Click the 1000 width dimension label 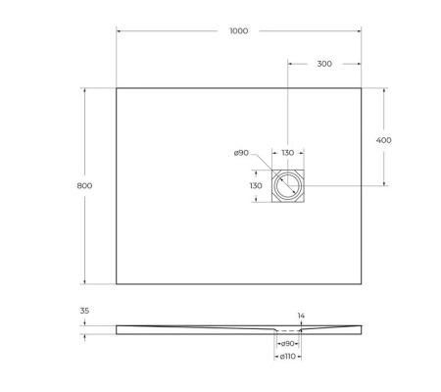[x=238, y=30]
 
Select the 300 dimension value [x=324, y=64]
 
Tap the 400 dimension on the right [x=384, y=140]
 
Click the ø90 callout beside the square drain [x=241, y=153]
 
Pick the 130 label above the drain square [x=288, y=153]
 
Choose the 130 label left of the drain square [x=255, y=185]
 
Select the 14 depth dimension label [x=301, y=315]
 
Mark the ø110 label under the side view [x=288, y=356]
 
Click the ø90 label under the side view [x=288, y=344]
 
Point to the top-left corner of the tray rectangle [x=117, y=89]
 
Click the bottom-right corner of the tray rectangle [x=362, y=284]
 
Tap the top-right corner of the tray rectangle [x=362, y=89]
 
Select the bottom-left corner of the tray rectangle [x=117, y=284]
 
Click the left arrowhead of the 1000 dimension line [x=120, y=30]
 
